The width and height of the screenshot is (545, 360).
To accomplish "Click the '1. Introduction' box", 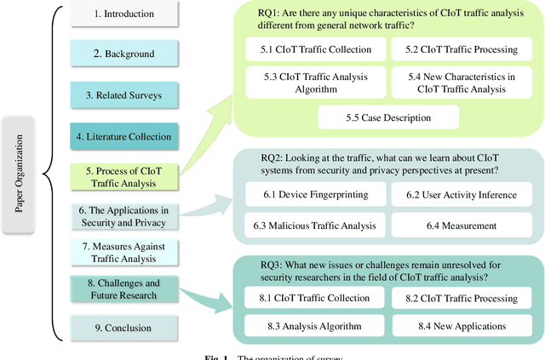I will click(123, 14).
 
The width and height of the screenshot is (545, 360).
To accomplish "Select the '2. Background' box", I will click(123, 54).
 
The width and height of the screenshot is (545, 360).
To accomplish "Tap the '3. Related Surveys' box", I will click(123, 94).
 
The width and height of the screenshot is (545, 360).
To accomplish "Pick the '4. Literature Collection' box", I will click(123, 135).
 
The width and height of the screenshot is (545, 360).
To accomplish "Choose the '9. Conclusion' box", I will click(123, 328).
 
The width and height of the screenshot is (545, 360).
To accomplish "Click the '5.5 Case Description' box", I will click(387, 117).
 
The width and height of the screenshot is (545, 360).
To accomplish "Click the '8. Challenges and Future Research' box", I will click(123, 289).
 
